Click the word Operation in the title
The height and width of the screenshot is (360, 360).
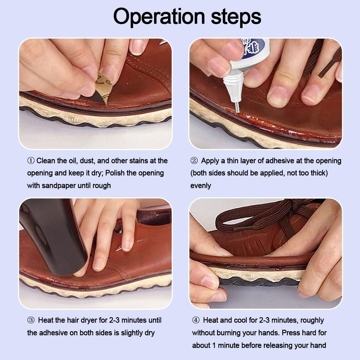[159, 17]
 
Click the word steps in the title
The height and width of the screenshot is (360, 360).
[236, 17]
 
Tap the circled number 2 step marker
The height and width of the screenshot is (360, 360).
[194, 161]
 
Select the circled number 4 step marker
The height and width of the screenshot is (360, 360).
[195, 320]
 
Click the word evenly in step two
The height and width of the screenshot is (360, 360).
[201, 186]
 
